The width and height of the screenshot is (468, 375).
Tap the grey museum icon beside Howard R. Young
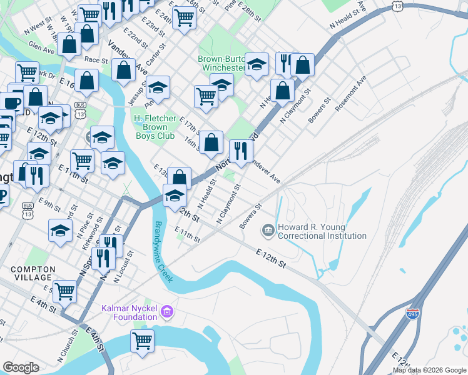click(268, 231)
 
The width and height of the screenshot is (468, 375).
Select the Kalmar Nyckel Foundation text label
click(129, 312)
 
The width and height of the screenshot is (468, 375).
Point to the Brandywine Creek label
click(164, 252)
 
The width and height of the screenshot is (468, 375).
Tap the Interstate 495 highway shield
click(412, 314)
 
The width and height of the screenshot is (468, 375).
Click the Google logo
click(21, 367)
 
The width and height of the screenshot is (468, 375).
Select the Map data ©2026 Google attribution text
click(429, 370)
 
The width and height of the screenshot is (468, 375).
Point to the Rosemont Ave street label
click(348, 94)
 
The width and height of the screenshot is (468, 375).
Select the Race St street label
click(96, 60)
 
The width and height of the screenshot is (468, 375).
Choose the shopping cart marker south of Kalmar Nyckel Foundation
click(142, 341)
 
